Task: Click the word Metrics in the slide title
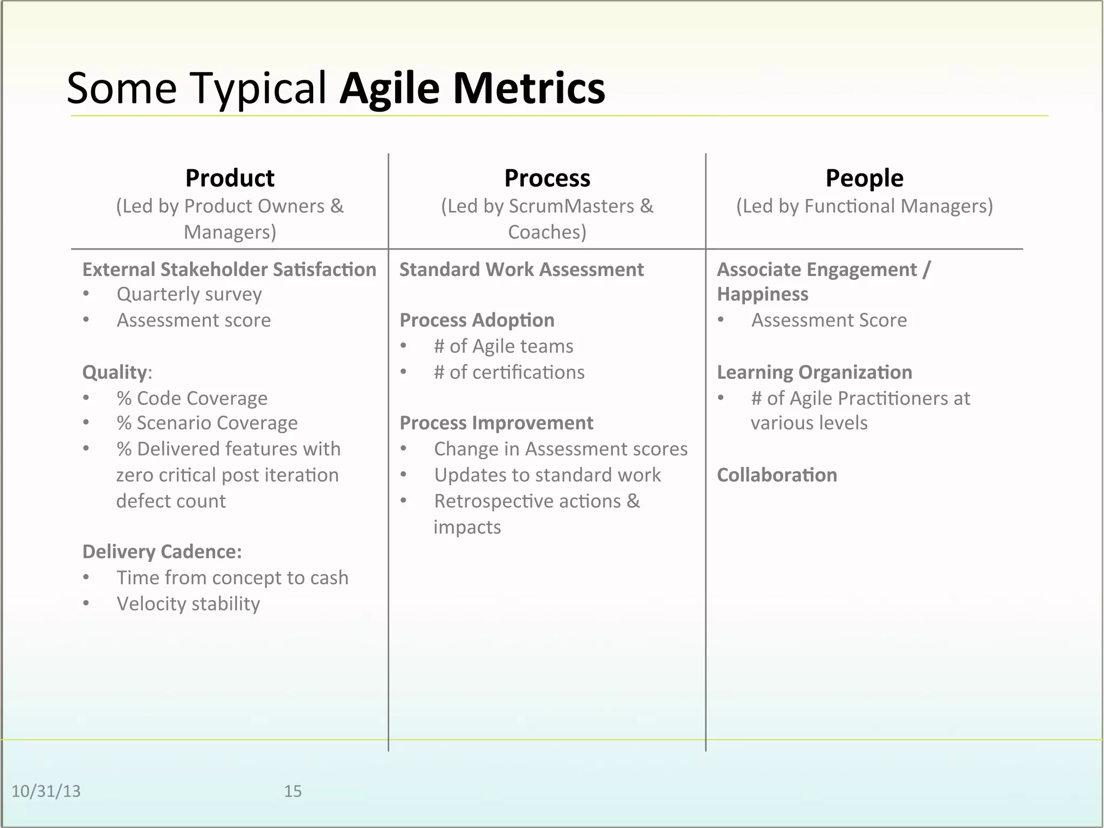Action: (529, 88)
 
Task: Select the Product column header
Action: (230, 178)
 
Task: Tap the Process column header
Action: (547, 178)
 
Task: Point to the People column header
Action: (864, 178)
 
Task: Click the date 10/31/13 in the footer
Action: (46, 791)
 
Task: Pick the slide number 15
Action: (293, 791)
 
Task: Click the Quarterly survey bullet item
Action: (189, 294)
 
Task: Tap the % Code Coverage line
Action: (192, 398)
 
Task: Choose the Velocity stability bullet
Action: (188, 604)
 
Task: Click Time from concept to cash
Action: (232, 578)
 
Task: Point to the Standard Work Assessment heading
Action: (521, 270)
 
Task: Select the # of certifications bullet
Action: (509, 372)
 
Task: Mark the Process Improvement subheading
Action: (496, 423)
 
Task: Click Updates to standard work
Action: (547, 475)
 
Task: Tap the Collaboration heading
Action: (777, 475)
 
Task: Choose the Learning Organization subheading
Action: (814, 372)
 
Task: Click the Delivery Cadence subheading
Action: (162, 552)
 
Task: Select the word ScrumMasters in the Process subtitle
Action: (571, 206)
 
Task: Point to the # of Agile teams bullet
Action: (503, 346)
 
